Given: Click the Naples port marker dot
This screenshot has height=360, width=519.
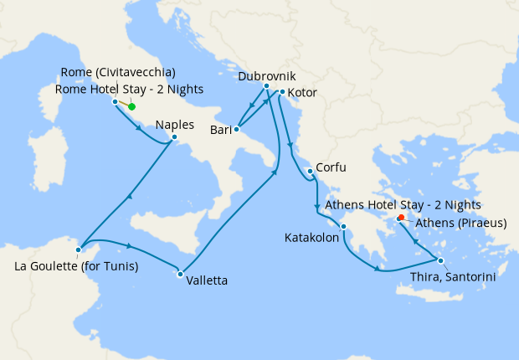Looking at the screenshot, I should click(173, 137).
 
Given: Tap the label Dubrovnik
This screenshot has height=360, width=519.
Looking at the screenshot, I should click(266, 75).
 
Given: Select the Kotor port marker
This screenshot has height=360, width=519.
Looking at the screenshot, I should click(282, 92).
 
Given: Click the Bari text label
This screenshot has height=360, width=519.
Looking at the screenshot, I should click(219, 131).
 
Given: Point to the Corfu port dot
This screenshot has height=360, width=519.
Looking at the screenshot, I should click(311, 172).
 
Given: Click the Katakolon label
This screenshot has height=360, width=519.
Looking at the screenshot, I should click(311, 238).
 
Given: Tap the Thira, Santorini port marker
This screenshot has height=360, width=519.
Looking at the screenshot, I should click(440, 260).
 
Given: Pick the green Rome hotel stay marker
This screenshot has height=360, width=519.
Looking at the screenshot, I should click(131, 106).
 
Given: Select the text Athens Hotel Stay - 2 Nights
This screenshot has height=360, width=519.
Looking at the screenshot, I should click(403, 204).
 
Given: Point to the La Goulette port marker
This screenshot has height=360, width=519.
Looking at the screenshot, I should click(78, 249).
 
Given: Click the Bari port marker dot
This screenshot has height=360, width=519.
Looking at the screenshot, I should click(237, 129).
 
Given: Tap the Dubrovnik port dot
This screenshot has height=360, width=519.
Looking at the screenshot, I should click(266, 86).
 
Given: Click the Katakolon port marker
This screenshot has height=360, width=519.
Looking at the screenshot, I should click(343, 225).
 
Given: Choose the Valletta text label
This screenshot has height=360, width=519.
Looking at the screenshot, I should click(207, 280).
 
